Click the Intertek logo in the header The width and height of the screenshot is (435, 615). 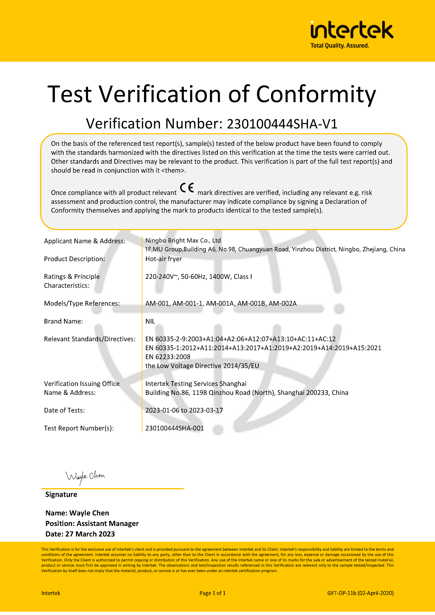point(352,30)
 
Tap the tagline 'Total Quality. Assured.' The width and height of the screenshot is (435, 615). point(340,46)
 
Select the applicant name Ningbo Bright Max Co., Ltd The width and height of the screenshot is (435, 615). point(183,240)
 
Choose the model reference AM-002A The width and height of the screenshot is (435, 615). point(283,304)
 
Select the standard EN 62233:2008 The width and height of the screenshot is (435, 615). point(168,357)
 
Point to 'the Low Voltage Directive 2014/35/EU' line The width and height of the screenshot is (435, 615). point(202,366)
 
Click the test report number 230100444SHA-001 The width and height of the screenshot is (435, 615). point(175,428)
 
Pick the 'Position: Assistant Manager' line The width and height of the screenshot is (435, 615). point(92,524)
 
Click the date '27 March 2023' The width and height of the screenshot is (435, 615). point(90,534)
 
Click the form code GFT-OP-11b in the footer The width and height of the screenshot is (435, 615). point(342,593)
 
